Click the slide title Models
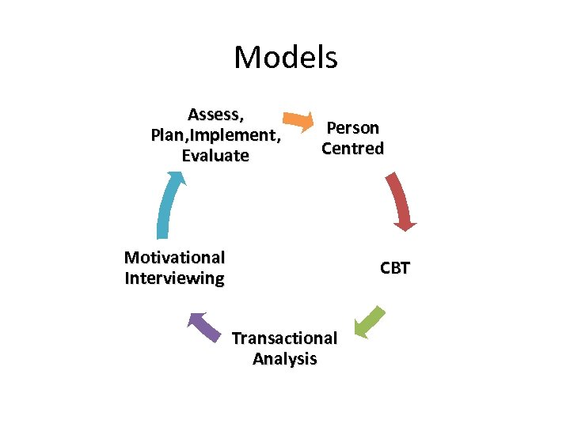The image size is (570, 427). pos(285,57)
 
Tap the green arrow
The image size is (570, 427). pos(369,323)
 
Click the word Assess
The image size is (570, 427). pos(214,115)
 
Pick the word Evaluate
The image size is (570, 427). pos(215,156)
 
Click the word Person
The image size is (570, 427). pos(353,127)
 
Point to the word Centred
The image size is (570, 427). pos(353,148)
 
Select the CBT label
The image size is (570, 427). pos(394,268)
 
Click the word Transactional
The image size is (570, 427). pos(284,338)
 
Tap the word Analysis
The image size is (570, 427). pos(284,359)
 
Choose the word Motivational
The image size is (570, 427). pos(174,258)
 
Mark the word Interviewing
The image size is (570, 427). pos(174,278)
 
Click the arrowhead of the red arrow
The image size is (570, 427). pos(405,225)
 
